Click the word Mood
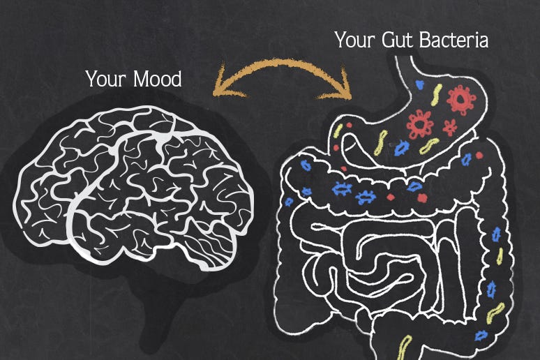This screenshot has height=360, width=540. [x=158, y=79]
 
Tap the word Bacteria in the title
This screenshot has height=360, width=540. [x=454, y=40]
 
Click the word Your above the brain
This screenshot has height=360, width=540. [x=107, y=80]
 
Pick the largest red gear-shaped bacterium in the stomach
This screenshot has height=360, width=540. [x=460, y=99]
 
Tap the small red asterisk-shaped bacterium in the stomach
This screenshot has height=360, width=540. [x=449, y=127]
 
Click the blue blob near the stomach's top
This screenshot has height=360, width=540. [x=420, y=84]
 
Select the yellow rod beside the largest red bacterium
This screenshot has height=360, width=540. [x=436, y=95]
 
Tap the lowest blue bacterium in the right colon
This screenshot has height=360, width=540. [x=481, y=335]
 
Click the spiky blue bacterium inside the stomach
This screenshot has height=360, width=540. [x=402, y=147]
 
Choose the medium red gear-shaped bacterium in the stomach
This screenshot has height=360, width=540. [x=419, y=124]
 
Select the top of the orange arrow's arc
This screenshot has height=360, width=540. [x=283, y=62]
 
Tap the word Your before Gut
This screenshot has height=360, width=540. [x=355, y=40]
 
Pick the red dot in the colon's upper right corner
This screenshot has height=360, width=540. [x=479, y=156]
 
